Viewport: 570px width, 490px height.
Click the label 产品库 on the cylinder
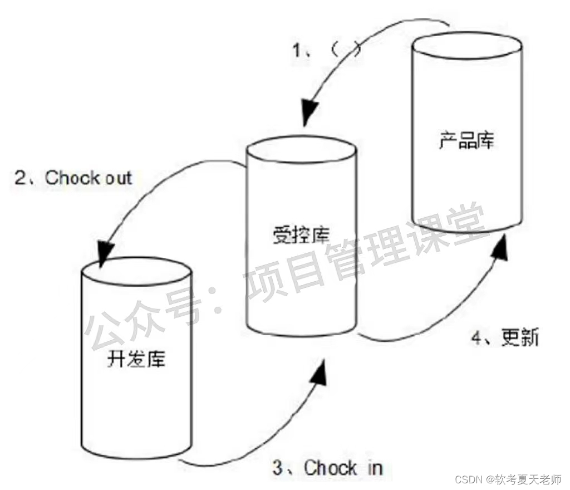click(466, 142)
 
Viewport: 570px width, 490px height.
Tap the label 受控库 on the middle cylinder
click(301, 236)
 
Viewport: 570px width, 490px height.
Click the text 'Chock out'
click(89, 178)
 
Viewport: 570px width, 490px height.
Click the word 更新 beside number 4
click(519, 338)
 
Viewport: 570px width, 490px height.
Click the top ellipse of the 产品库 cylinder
click(467, 48)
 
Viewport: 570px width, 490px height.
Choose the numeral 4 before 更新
click(477, 338)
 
